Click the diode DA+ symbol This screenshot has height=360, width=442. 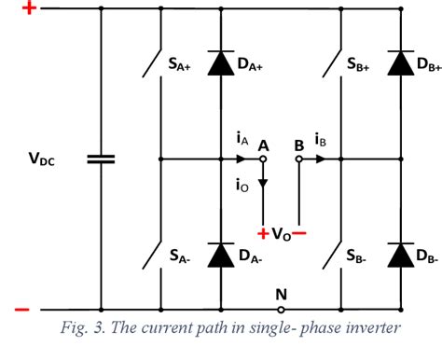220,63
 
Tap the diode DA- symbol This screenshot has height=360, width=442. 220,254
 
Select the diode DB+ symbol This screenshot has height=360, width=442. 401,63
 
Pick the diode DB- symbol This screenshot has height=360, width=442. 401,254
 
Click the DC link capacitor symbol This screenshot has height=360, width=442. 101,159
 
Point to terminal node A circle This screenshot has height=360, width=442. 264,159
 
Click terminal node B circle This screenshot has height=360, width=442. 299,159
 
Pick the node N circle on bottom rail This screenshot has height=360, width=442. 282,309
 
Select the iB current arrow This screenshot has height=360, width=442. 321,159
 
